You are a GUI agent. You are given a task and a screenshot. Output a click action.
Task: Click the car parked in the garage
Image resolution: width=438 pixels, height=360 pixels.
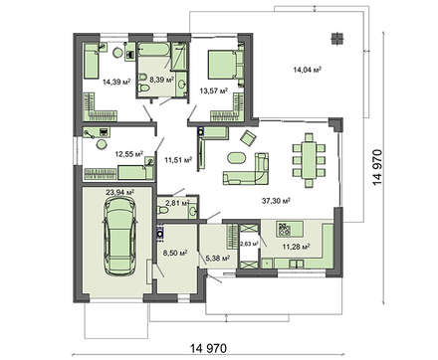click(x=120, y=237)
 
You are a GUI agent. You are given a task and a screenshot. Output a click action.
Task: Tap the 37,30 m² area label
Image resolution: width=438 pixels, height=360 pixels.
click(x=276, y=201)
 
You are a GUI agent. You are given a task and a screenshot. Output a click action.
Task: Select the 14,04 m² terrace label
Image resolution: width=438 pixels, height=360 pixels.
click(x=308, y=70)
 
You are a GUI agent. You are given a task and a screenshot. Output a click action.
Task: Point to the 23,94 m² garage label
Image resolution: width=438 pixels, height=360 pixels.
click(x=119, y=192)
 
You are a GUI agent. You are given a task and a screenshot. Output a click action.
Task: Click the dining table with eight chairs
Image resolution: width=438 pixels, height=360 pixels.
click(x=309, y=160)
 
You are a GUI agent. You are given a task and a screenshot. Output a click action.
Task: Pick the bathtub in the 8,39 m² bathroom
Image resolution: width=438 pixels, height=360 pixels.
click(x=153, y=50)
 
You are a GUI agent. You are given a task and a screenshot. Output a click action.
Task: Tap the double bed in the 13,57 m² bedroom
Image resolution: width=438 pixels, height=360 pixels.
click(x=226, y=65)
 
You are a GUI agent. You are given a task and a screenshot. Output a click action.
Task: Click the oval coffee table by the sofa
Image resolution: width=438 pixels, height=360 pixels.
click(x=237, y=158)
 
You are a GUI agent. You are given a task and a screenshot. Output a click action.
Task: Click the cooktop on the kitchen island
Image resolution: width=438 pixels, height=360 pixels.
click(x=284, y=229)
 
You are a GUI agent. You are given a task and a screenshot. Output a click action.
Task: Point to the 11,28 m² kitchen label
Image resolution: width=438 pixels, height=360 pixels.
click(x=296, y=247)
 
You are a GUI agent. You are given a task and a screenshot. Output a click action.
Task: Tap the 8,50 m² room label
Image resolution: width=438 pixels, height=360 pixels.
click(x=175, y=253)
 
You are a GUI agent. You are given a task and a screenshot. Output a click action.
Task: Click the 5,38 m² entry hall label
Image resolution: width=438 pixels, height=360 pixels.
click(x=218, y=258)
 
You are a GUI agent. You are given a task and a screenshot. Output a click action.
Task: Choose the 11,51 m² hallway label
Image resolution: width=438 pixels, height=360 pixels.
click(x=178, y=160)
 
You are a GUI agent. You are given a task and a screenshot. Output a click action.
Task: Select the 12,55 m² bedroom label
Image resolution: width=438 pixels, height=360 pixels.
click(x=129, y=154)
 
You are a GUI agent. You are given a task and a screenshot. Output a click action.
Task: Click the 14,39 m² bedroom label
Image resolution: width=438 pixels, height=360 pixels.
click(x=116, y=82)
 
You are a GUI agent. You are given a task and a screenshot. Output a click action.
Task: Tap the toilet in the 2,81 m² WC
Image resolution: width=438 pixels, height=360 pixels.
click(x=163, y=211)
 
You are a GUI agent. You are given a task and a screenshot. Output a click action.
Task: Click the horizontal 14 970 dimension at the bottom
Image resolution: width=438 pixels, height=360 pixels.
click(x=209, y=348)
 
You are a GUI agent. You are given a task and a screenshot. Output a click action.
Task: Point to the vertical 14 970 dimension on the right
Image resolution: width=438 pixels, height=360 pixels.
click(x=377, y=168)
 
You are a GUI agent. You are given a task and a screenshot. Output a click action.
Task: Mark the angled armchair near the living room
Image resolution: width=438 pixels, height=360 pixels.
click(x=249, y=137)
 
